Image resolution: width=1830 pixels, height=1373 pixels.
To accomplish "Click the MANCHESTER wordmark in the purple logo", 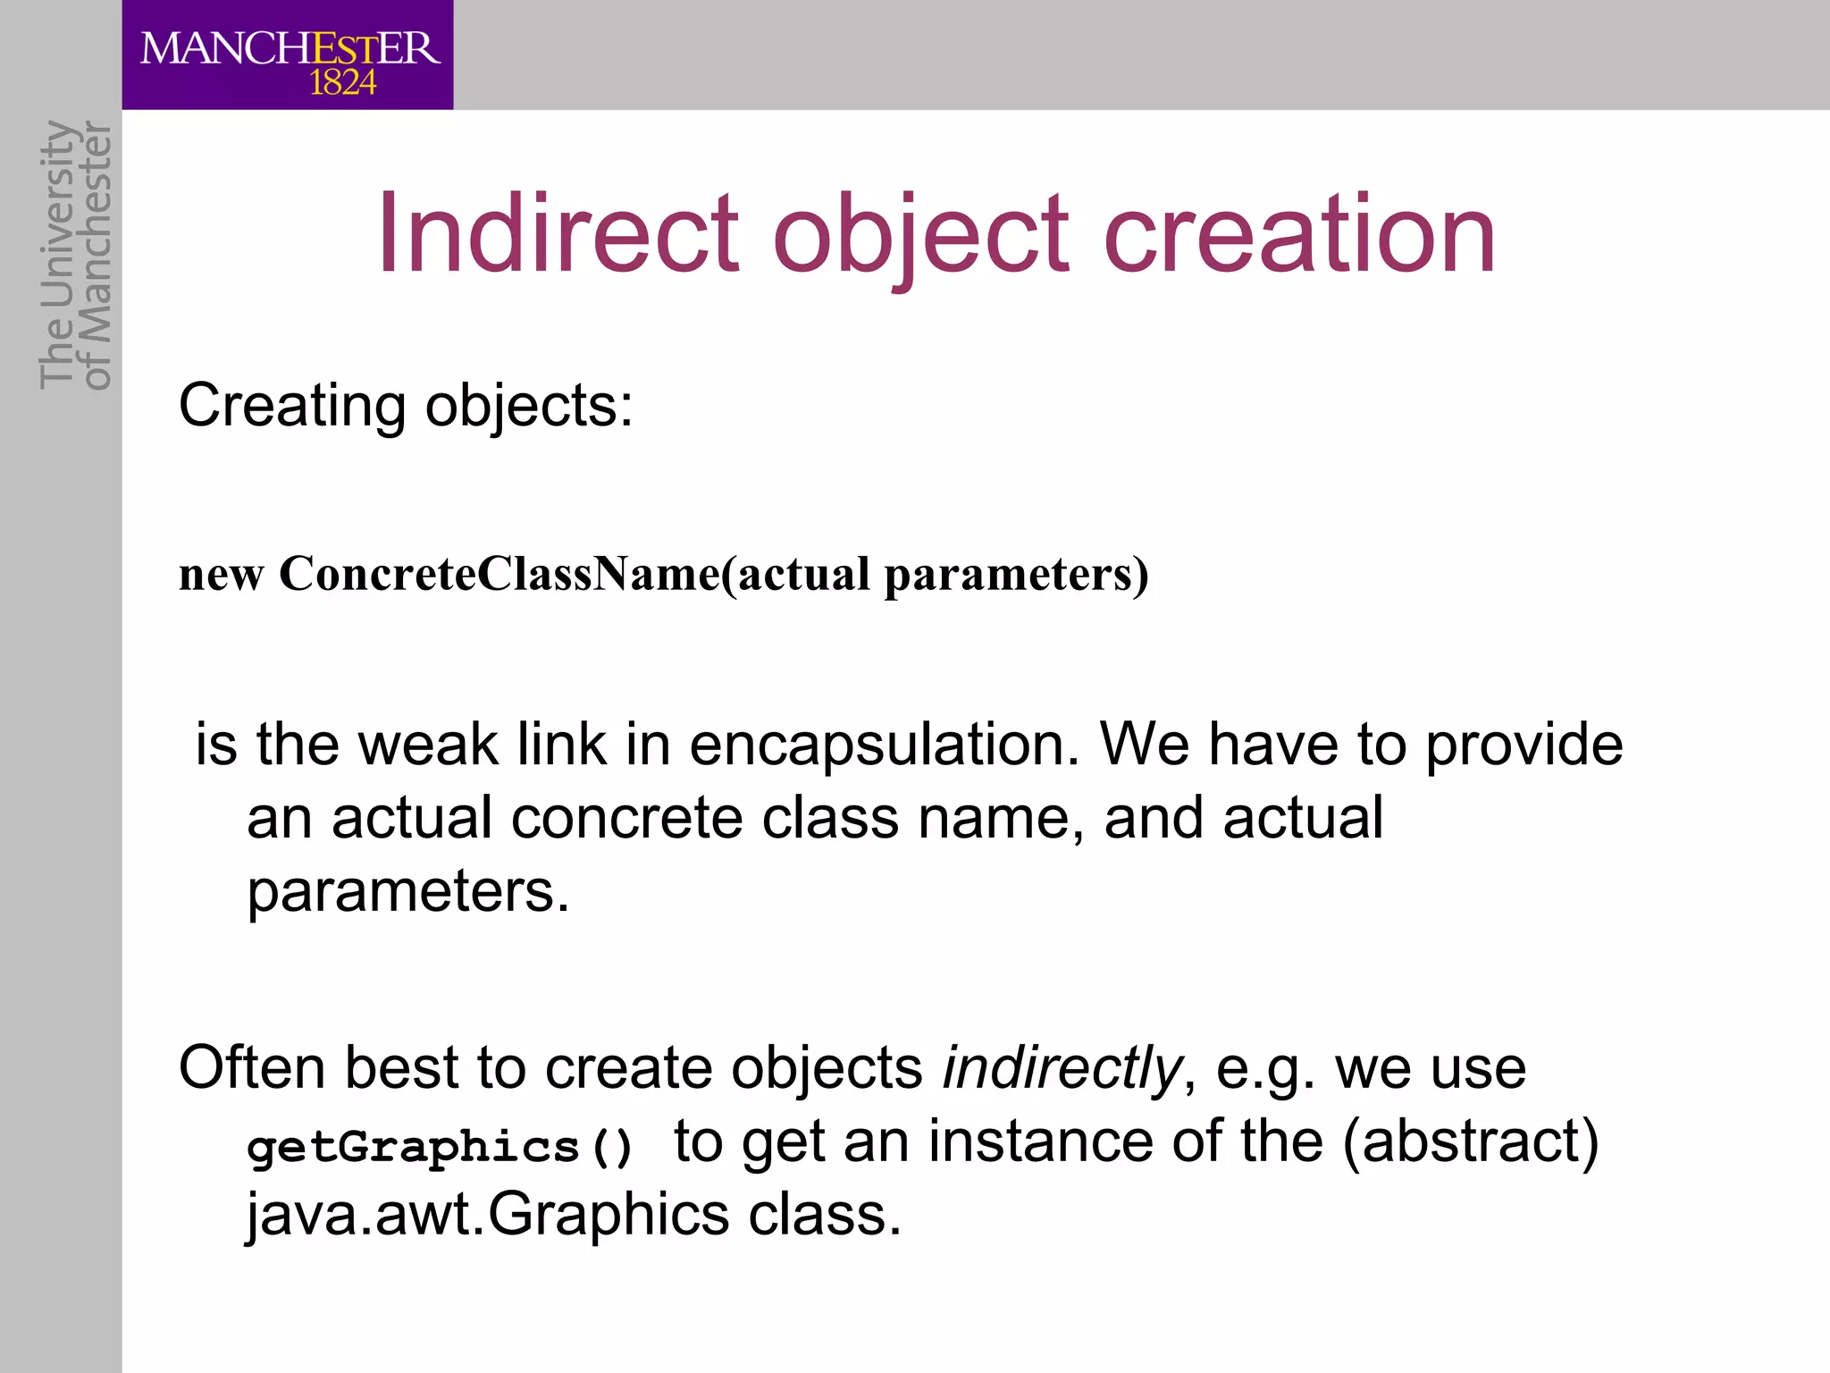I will coord(290,48).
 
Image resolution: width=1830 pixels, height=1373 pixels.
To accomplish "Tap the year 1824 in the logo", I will coord(342,84).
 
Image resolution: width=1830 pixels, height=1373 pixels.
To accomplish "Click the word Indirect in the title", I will coord(558,234).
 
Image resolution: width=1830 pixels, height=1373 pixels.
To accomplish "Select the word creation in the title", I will coord(1299,234).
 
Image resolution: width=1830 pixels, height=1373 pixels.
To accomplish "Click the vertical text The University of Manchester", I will coord(75,256).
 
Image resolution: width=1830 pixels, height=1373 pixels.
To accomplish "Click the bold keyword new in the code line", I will coord(221,575).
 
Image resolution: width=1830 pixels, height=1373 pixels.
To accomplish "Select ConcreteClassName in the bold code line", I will coord(499,574).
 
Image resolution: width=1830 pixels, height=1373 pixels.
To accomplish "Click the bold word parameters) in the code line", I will coord(1016,576).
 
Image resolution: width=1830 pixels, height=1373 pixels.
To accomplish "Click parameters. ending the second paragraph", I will coord(407,893).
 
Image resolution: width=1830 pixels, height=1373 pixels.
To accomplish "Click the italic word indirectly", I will coord(1062,1069).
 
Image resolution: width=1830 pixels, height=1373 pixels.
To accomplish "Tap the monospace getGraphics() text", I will coord(440,1147).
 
